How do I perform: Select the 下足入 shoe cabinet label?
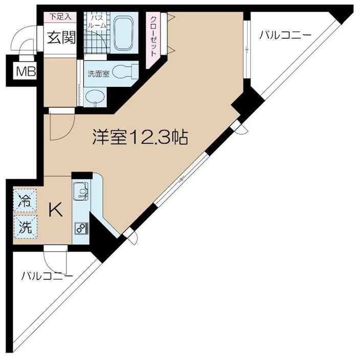coord(60,16)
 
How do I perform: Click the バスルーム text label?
coord(97,21)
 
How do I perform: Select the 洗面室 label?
coord(99,73)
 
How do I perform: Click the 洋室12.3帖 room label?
coord(140,137)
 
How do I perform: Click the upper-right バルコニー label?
coord(285,35)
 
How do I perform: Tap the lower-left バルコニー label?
coord(47,276)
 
